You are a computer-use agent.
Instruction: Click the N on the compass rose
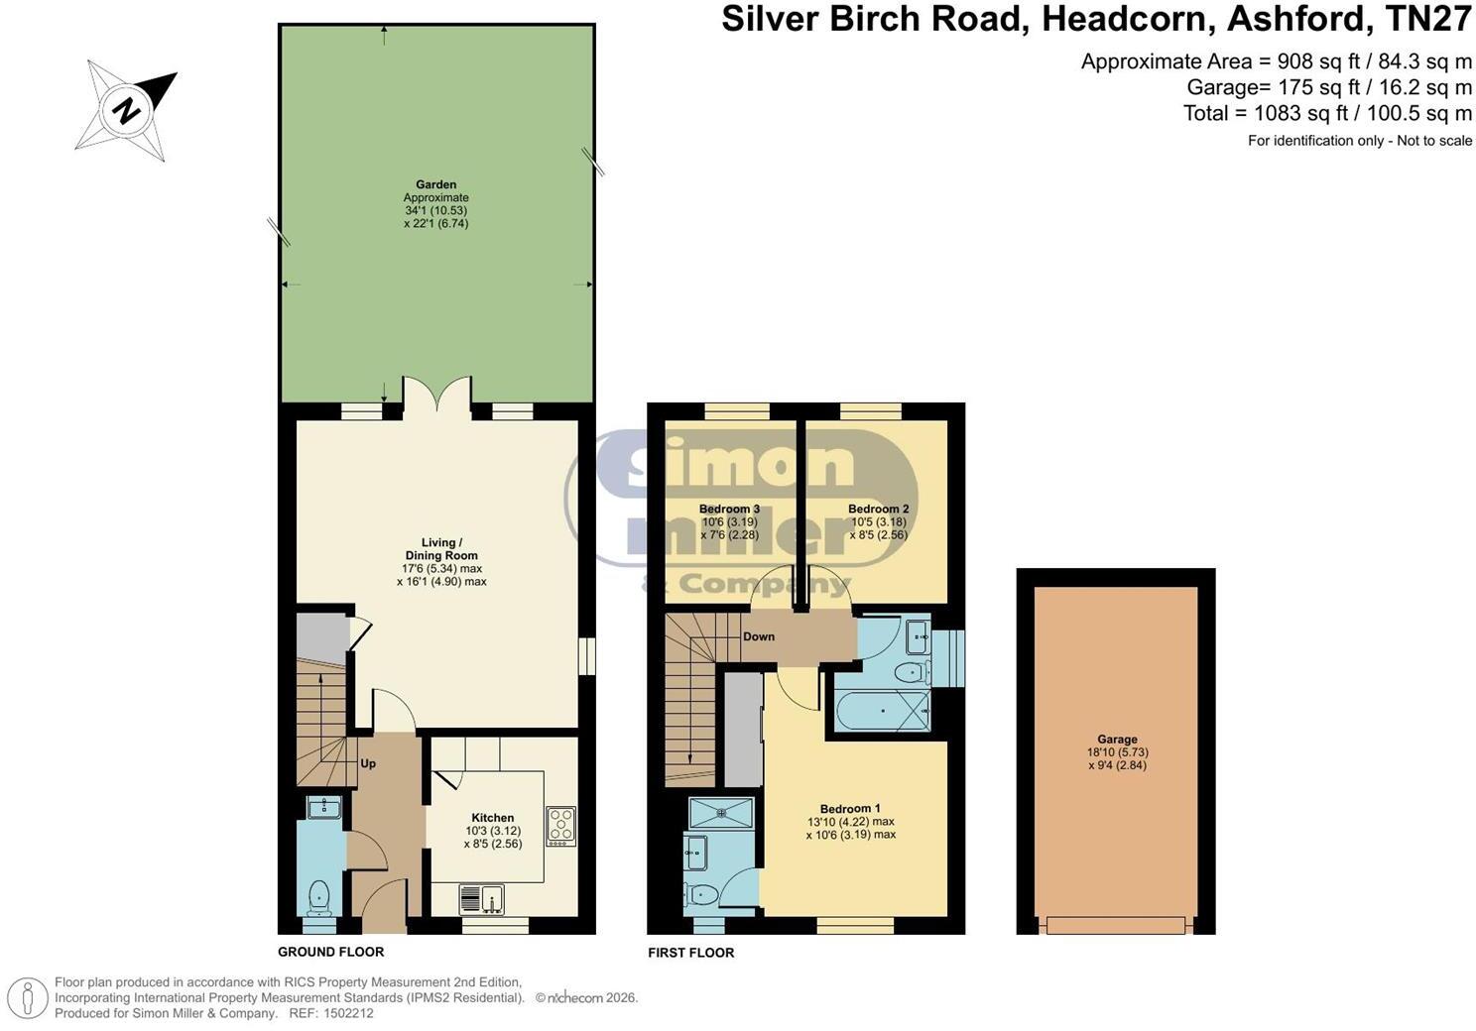coord(126,110)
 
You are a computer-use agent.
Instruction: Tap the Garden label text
coord(436,184)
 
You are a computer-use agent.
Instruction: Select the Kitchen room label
coord(492,818)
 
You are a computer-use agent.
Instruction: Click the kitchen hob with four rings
coord(560,827)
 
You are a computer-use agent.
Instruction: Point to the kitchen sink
coord(482,900)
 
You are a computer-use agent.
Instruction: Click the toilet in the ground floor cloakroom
coord(319,898)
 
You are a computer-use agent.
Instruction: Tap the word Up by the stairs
coord(368,763)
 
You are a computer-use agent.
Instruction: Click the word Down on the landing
coord(759,636)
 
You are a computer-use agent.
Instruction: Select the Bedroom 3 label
coord(729,509)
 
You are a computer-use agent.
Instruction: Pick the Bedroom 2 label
coord(878,509)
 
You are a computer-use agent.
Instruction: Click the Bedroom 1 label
coord(850,809)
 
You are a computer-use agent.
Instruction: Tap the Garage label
coord(1118,740)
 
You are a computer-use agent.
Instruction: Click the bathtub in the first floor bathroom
coord(882,711)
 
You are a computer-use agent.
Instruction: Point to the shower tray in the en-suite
coord(721,813)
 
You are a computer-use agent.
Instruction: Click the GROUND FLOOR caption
coord(330,952)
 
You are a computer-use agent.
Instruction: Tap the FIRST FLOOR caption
coord(690,953)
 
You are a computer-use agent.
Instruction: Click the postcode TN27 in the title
coord(1428,19)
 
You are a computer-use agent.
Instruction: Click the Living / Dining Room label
coord(441,548)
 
